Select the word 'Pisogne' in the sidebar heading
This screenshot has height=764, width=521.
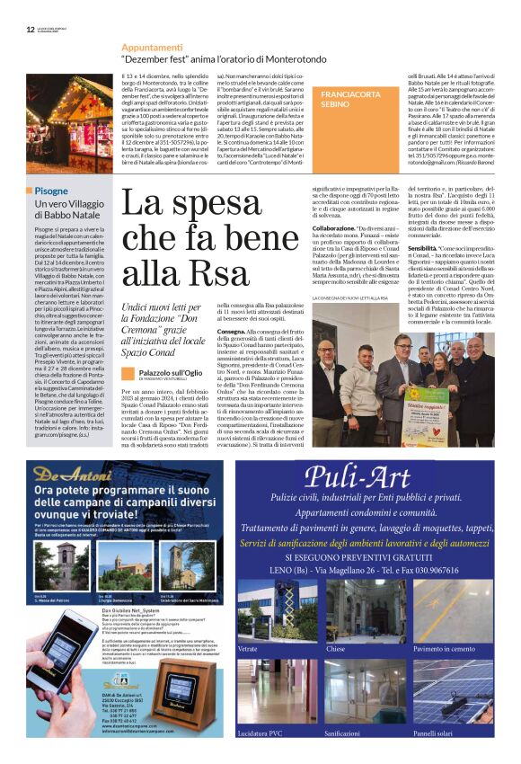52,191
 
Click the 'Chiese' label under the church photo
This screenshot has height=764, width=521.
335,648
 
